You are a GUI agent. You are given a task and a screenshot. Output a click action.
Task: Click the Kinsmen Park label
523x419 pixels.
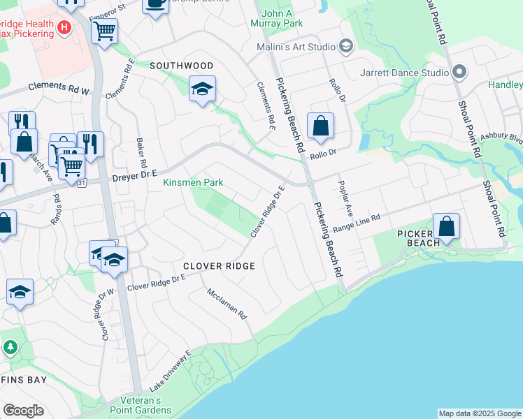(193, 183)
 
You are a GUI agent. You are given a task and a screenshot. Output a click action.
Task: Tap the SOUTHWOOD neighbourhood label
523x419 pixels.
(181, 66)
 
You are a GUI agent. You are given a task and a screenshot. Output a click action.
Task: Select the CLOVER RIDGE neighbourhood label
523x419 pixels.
(219, 266)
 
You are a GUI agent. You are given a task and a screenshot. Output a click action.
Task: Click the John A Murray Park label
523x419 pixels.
(282, 18)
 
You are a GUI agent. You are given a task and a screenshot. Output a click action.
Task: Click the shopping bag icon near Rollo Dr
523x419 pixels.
(320, 126)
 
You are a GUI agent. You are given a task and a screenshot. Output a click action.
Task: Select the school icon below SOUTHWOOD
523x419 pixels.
(202, 89)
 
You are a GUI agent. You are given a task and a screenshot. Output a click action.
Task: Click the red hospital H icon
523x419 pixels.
(64, 28)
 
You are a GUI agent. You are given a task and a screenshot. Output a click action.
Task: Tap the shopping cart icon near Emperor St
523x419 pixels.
(104, 31)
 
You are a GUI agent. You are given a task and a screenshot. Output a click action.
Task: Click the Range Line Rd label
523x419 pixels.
(357, 223)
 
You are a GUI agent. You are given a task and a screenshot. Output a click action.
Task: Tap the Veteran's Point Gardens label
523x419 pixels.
(135, 406)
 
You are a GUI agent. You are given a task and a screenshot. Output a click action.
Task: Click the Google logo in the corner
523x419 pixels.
(23, 410)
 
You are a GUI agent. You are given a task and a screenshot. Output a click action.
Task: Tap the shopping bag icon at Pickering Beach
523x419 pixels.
(446, 226)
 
